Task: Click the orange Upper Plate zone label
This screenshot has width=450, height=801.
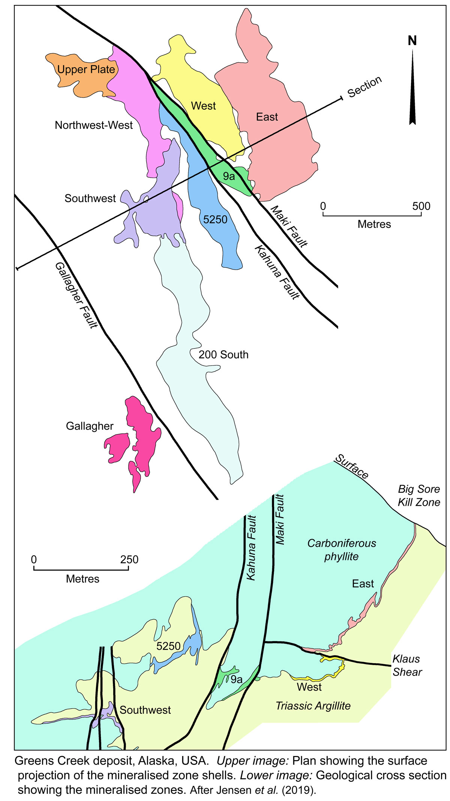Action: pos(86,69)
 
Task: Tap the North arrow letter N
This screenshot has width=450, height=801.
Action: pos(412,41)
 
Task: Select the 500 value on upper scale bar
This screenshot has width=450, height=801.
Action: pos(421,206)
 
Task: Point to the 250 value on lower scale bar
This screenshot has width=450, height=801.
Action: pos(129,560)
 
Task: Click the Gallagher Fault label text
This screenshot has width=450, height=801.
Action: pos(76,295)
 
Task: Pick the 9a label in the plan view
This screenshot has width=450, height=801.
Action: pos(229,176)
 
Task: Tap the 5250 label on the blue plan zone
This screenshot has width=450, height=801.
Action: pos(215,219)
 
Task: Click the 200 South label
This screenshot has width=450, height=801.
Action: pos(223,354)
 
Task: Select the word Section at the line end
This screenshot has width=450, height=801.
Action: pos(364,87)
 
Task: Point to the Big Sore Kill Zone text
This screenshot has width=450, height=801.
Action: pos(418,496)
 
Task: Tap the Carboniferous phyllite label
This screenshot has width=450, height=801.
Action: pos(342,550)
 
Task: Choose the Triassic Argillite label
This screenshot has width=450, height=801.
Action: pos(313,706)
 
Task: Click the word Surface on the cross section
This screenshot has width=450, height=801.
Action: pos(352,466)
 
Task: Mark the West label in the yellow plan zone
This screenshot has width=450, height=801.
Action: pos(204,106)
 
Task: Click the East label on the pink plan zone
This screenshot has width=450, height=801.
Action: pos(267,117)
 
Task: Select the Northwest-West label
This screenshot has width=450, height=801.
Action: pos(94,125)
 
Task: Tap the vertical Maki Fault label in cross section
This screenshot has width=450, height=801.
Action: pos(280,520)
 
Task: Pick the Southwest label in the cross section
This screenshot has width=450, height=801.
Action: pos(145,710)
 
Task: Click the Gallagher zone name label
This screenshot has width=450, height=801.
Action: pos(90,426)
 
